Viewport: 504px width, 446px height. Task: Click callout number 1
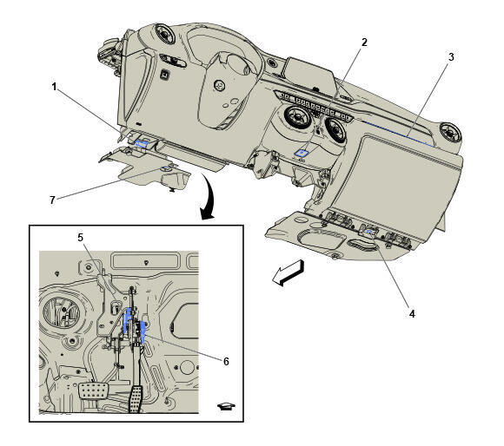(55, 87)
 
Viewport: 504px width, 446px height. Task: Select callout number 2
(364, 42)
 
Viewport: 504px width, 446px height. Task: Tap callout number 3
(451, 57)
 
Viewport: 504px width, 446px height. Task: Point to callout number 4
(412, 313)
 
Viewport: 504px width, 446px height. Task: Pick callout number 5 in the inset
(80, 238)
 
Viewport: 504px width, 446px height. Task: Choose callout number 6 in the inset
(226, 361)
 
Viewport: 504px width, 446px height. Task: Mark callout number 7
(52, 200)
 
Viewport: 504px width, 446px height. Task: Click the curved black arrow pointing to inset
(208, 197)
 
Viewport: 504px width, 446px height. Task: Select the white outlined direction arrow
(288, 272)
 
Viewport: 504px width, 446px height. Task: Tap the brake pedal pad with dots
(94, 390)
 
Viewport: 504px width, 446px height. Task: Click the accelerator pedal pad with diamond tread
(136, 399)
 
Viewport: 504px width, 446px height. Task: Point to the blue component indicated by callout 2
(302, 152)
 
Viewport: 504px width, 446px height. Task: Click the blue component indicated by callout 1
(142, 143)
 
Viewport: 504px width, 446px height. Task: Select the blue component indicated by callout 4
(369, 232)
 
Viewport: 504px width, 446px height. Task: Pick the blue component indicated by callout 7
(166, 167)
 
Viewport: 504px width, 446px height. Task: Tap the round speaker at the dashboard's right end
(450, 132)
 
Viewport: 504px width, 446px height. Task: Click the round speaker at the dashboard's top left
(164, 34)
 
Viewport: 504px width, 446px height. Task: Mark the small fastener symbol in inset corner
(226, 406)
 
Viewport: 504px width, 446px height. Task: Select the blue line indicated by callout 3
(399, 134)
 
